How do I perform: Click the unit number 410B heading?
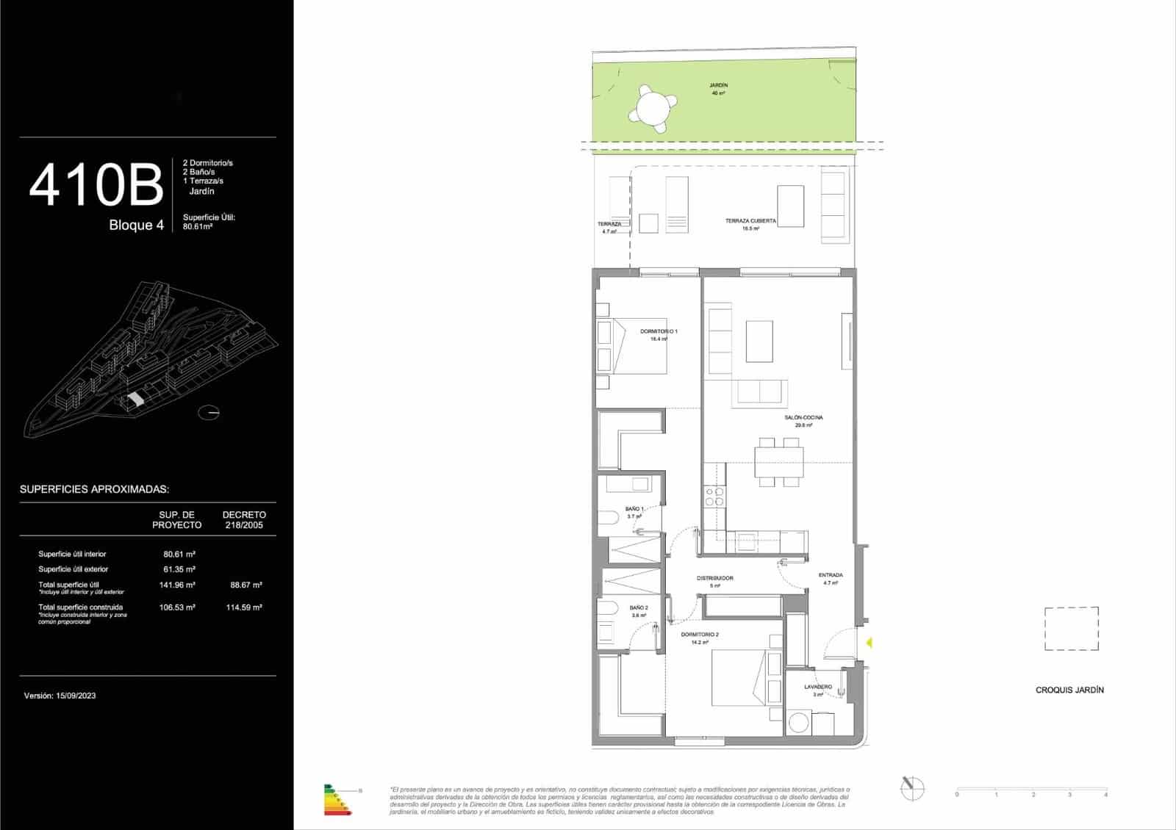pyautogui.click(x=96, y=185)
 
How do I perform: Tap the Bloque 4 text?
pyautogui.click(x=136, y=225)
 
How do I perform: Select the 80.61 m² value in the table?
pyautogui.click(x=179, y=555)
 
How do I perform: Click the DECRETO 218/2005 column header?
pyautogui.click(x=244, y=520)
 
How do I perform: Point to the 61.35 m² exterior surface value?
pyautogui.click(x=179, y=569)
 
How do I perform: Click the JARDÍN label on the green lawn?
pyautogui.click(x=719, y=86)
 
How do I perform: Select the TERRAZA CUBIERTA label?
pyautogui.click(x=750, y=221)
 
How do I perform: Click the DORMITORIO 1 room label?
pyautogui.click(x=659, y=332)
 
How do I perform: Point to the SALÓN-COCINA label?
pyautogui.click(x=803, y=418)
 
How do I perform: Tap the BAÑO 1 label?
pyautogui.click(x=634, y=509)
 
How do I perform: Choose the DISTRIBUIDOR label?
pyautogui.click(x=714, y=579)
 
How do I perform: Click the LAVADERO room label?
pyautogui.click(x=818, y=688)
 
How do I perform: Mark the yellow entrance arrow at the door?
pyautogui.click(x=869, y=643)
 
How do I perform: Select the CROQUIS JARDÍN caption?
pyautogui.click(x=1069, y=690)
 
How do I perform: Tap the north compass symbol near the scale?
pyautogui.click(x=912, y=788)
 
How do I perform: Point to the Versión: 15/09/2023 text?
pyautogui.click(x=60, y=696)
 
